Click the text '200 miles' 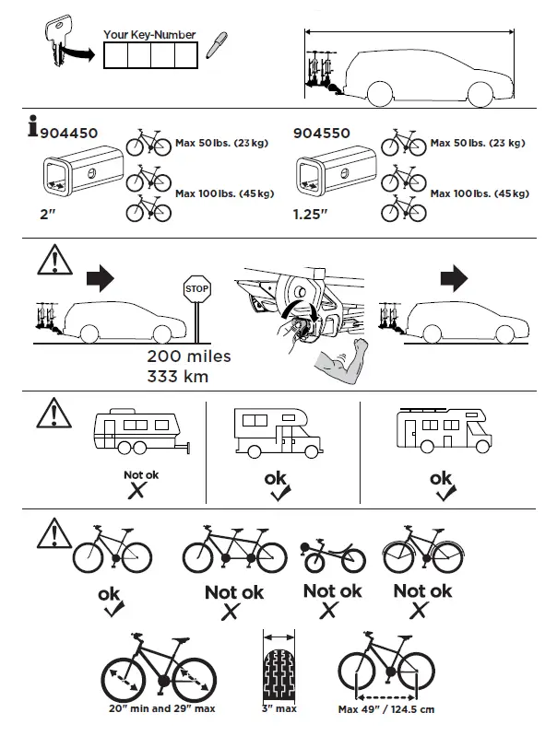[189, 356]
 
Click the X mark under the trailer [136, 491]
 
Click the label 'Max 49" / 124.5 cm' [386, 710]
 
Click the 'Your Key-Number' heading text [149, 35]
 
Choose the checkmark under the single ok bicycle [111, 609]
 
